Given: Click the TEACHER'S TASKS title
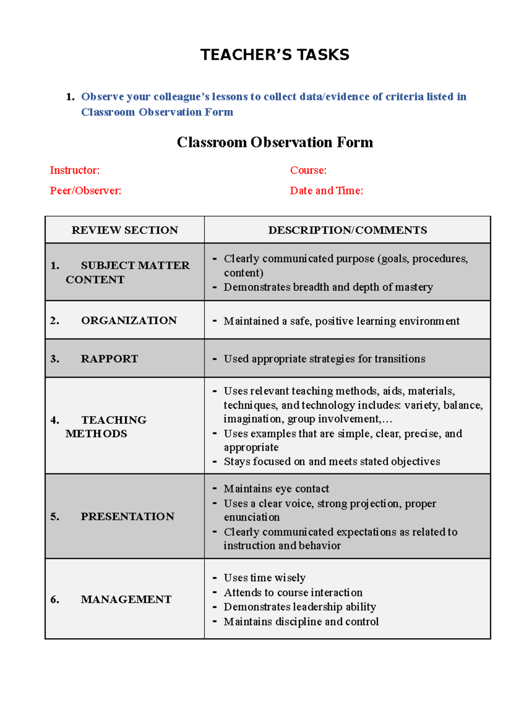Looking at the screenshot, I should tap(275, 55).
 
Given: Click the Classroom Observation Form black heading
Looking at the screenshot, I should tap(275, 142).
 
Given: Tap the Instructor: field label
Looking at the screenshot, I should tap(75, 170).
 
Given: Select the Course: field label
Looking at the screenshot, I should tap(308, 170).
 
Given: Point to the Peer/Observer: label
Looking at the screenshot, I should tap(86, 190).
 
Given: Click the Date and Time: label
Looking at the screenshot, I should tap(326, 190).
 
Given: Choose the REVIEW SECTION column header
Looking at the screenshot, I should tap(125, 230).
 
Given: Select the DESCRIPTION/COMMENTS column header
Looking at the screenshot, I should tap(347, 230).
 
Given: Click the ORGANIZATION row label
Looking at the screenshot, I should tap(129, 320).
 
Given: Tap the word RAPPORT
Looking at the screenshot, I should tap(109, 359).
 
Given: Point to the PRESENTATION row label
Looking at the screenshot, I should tap(127, 516).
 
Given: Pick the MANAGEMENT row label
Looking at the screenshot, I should tap(126, 599).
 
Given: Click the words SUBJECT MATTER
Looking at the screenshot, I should tap(135, 265).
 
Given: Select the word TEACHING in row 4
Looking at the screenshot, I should tap(114, 420).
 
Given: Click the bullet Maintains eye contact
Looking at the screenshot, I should tap(276, 488).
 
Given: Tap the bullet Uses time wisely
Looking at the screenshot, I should tap(264, 577).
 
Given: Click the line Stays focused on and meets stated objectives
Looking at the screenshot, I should tap(332, 461).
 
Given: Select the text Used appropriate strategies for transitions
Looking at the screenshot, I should tap(324, 359).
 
